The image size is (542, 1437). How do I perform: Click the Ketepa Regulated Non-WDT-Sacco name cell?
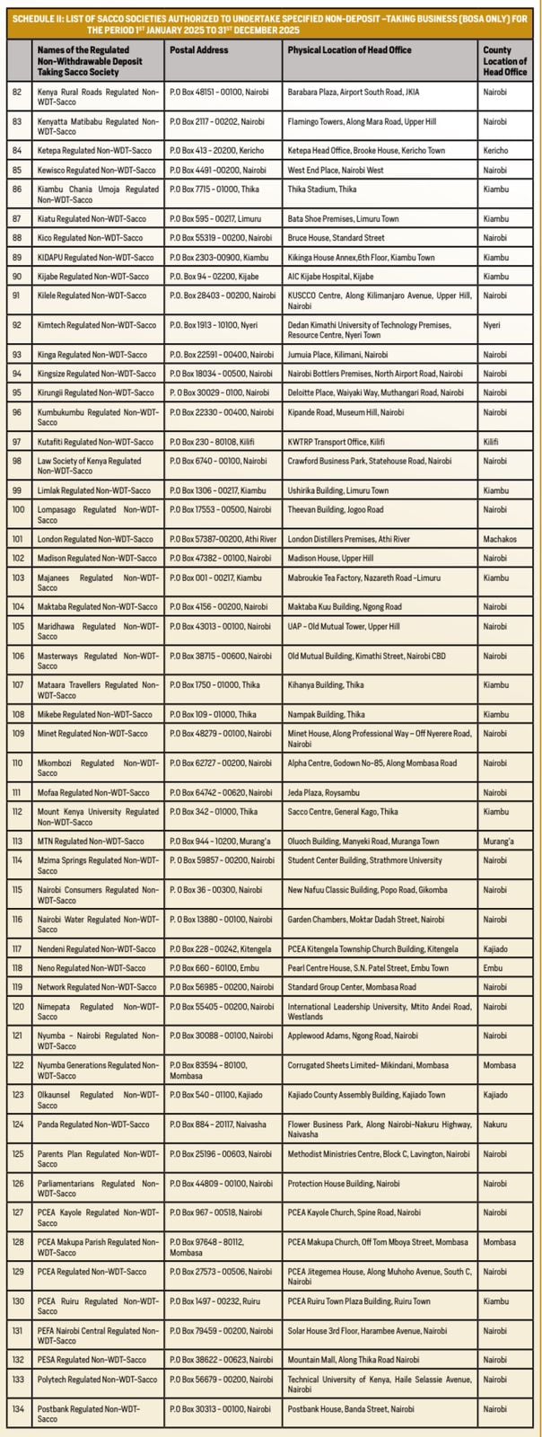[83, 150]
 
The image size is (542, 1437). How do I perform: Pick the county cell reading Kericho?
[494, 150]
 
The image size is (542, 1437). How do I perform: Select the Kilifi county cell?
[490, 442]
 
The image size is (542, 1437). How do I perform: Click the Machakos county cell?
[499, 539]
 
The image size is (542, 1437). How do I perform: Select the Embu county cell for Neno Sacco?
[492, 968]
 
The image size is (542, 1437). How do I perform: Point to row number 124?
[18, 1124]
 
